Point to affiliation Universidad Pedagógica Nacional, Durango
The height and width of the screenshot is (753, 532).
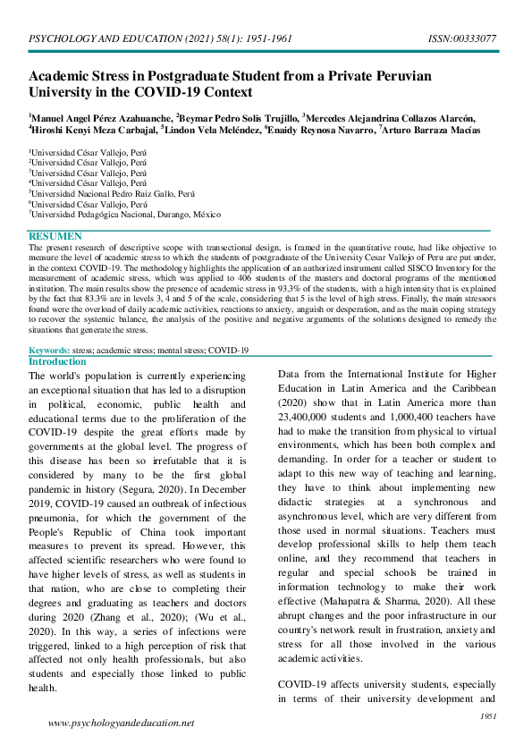pos(125,213)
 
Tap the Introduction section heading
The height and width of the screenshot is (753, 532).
pos(57,361)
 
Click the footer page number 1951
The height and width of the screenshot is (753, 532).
pos(488,715)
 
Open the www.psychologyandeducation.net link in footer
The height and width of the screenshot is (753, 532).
pos(121,723)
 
